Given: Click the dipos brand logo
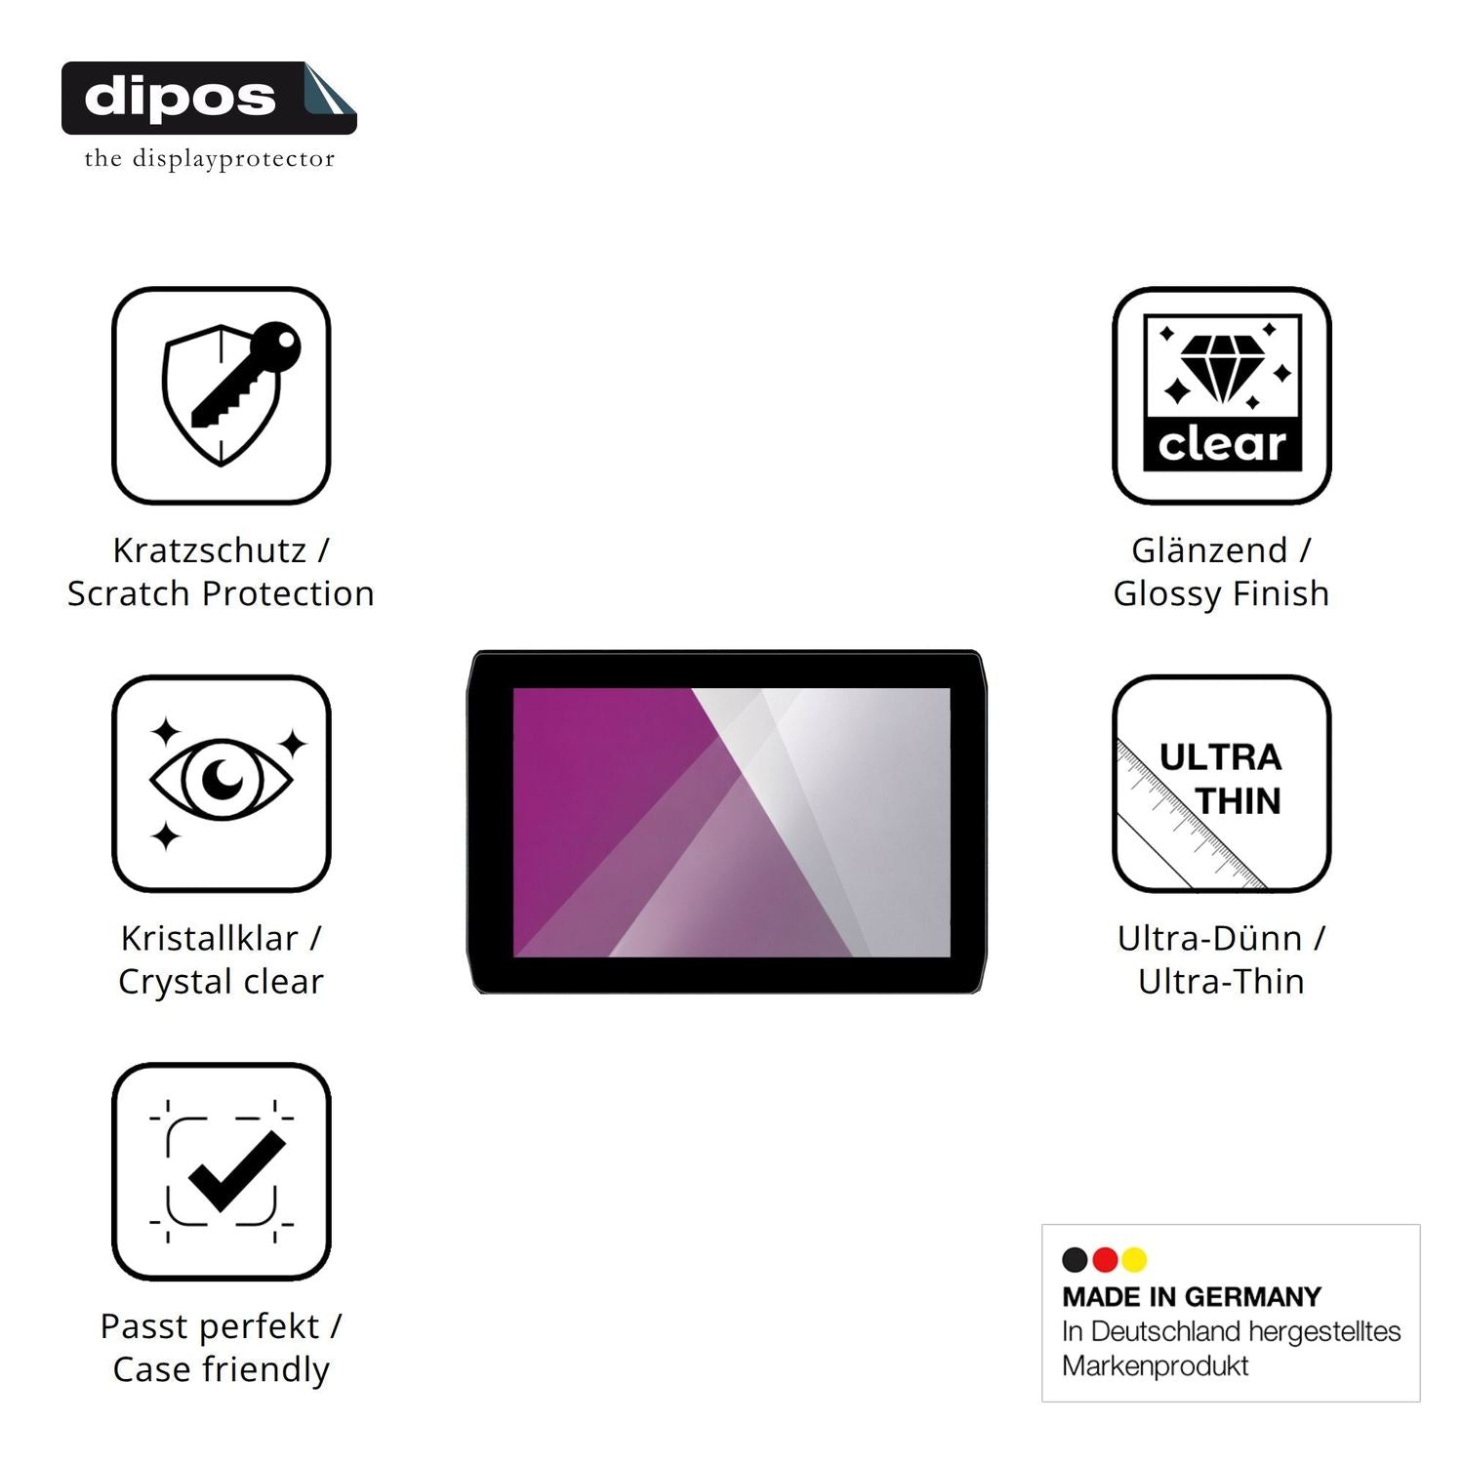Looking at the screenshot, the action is click(209, 98).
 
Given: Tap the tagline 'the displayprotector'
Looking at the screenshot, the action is click(209, 158).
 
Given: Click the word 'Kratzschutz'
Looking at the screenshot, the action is click(210, 550).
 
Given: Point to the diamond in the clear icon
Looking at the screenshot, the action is click(1222, 368).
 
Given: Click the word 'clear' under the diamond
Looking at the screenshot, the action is click(1222, 444).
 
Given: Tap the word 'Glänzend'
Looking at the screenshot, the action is click(1209, 550).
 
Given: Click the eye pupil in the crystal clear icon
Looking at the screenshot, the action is click(225, 778).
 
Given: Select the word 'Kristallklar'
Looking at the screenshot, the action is click(210, 938).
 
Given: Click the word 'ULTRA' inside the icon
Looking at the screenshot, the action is click(1220, 757).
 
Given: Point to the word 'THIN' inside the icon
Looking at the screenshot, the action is click(1238, 801).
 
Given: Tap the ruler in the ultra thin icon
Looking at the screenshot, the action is click(1191, 815).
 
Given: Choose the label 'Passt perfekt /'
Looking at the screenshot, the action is click(222, 1326).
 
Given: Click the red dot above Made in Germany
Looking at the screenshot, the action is click(1105, 1260).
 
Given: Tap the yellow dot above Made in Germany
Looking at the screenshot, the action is click(1134, 1260).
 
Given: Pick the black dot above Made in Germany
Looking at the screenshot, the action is click(1075, 1260).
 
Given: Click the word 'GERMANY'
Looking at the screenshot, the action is click(1252, 1297).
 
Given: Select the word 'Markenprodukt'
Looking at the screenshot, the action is click(1156, 1366).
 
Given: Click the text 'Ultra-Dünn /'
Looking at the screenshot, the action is click(1221, 938).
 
